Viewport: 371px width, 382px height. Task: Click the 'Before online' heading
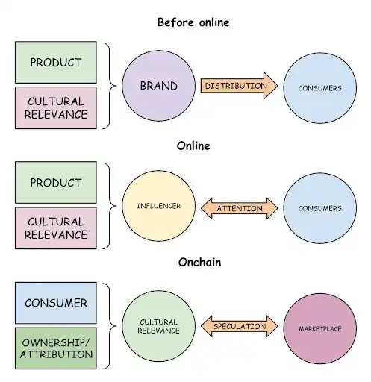point(193,22)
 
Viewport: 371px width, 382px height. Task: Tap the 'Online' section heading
point(193,145)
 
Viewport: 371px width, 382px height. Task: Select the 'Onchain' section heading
point(199,262)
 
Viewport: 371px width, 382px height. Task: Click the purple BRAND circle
point(158,86)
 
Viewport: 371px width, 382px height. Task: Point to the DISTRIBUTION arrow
point(239,86)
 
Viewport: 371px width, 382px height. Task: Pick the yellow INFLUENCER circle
point(158,206)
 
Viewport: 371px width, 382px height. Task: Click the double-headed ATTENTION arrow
point(239,208)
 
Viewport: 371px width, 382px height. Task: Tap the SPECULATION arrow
point(239,326)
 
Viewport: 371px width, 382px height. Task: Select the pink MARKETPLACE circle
point(319,328)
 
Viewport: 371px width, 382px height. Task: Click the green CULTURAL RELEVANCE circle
point(158,326)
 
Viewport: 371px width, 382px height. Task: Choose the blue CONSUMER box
point(56,303)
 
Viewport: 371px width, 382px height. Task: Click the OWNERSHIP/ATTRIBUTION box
point(56,348)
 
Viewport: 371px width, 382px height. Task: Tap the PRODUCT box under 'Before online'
point(56,62)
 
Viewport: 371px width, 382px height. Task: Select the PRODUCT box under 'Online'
point(56,183)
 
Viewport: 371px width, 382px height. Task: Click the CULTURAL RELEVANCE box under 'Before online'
point(56,108)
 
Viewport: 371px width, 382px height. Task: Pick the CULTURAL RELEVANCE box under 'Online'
point(56,228)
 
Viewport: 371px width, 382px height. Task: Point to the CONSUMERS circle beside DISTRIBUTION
point(319,88)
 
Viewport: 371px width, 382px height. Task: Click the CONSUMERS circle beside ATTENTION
point(319,208)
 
